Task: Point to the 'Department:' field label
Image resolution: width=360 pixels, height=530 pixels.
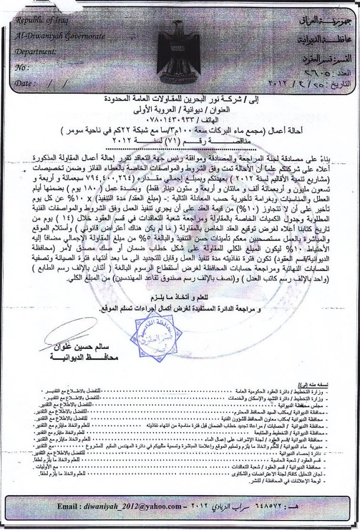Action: pos(36,51)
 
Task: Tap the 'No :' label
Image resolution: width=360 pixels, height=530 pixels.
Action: pos(22,67)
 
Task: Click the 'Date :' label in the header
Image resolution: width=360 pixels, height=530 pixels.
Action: pos(25,83)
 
